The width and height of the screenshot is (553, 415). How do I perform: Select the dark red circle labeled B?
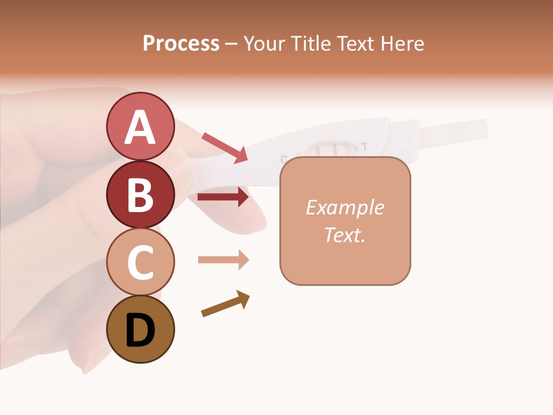coord(141,194)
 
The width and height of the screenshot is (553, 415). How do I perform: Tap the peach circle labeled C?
coord(141,262)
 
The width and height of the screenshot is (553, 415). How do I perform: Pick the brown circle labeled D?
coord(141,329)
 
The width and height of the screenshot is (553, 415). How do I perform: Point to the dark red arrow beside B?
coord(223,197)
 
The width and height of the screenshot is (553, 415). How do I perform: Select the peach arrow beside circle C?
coord(223,260)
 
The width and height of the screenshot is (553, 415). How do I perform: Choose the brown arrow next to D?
coord(225,304)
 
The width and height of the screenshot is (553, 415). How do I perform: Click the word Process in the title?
coord(181,44)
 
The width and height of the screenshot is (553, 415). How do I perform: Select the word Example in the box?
coord(344,207)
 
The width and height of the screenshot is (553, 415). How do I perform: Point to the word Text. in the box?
coord(344,235)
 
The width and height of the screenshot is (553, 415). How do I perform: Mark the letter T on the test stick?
coord(364,146)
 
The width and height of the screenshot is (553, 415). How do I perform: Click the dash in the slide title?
coord(232,44)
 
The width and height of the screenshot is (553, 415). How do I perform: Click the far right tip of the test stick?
coord(484,127)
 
